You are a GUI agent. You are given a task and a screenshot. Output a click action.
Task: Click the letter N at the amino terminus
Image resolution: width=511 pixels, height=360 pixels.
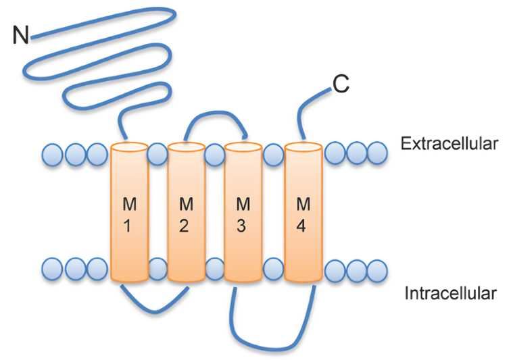coord(21,34)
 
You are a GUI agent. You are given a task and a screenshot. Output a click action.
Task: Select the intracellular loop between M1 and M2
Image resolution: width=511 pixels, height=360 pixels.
coord(155,307)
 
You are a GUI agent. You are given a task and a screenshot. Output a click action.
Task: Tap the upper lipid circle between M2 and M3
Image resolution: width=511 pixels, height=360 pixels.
coord(214,155)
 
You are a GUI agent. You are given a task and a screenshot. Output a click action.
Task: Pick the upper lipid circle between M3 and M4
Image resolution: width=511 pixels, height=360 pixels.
coord(273,155)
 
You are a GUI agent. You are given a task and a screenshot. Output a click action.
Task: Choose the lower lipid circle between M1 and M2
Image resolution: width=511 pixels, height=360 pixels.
coord(157,269)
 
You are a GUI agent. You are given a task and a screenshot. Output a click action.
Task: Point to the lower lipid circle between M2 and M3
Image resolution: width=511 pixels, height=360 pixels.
coord(215,269)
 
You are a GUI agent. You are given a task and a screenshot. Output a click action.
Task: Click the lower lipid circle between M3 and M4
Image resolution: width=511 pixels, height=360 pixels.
coord(273,269)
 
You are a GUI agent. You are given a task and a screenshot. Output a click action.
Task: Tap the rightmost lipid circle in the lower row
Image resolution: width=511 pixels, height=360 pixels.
coord(376,270)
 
